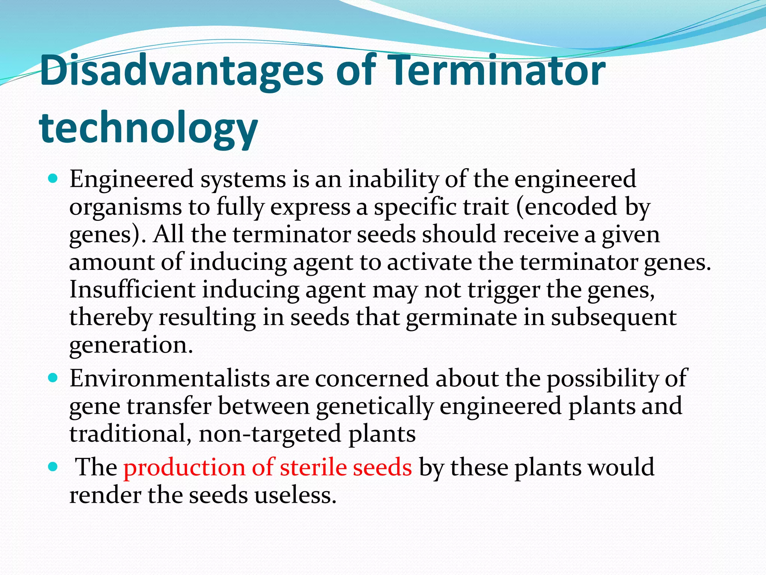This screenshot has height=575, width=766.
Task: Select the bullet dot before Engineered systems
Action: (x=53, y=179)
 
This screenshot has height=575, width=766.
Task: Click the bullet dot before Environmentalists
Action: (x=53, y=378)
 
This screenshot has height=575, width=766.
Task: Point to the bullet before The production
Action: (x=53, y=467)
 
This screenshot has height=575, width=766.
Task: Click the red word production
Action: (x=184, y=468)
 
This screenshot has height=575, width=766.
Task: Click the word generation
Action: (x=131, y=345)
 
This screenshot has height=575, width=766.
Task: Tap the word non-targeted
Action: (x=270, y=434)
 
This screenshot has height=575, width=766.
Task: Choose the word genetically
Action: (x=374, y=407)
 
